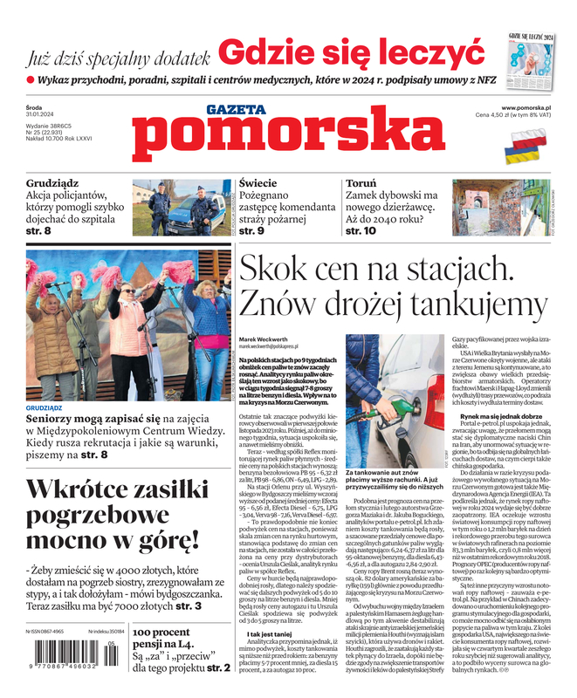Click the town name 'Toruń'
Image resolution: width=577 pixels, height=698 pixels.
coord(361,184)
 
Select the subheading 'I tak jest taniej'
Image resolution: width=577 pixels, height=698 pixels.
coord(269,633)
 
